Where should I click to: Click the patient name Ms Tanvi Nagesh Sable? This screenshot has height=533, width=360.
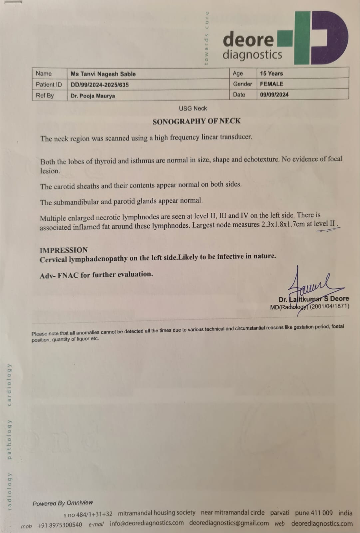click(103, 74)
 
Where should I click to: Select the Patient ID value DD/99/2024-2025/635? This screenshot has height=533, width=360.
click(100, 85)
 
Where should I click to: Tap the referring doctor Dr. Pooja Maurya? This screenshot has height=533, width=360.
click(93, 96)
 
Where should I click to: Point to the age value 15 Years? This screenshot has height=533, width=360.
click(271, 73)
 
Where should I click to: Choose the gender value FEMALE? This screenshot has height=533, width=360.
click(272, 84)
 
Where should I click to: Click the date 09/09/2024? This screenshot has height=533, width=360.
click(274, 95)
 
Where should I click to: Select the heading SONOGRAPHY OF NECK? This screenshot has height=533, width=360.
click(196, 121)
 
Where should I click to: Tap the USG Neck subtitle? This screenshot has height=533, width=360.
click(193, 108)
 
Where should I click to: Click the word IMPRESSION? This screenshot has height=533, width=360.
click(64, 250)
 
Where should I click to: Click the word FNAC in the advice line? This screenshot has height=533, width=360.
click(68, 276)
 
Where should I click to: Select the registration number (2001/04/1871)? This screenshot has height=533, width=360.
click(329, 306)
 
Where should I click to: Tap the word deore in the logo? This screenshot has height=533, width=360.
click(248, 40)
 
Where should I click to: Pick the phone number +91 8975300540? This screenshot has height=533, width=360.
click(60, 525)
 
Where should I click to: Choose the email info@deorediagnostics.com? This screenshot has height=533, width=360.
click(147, 523)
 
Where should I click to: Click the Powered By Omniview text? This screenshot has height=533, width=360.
click(63, 503)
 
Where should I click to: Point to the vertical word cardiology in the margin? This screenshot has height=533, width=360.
click(9, 384)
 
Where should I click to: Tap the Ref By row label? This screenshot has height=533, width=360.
click(45, 96)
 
